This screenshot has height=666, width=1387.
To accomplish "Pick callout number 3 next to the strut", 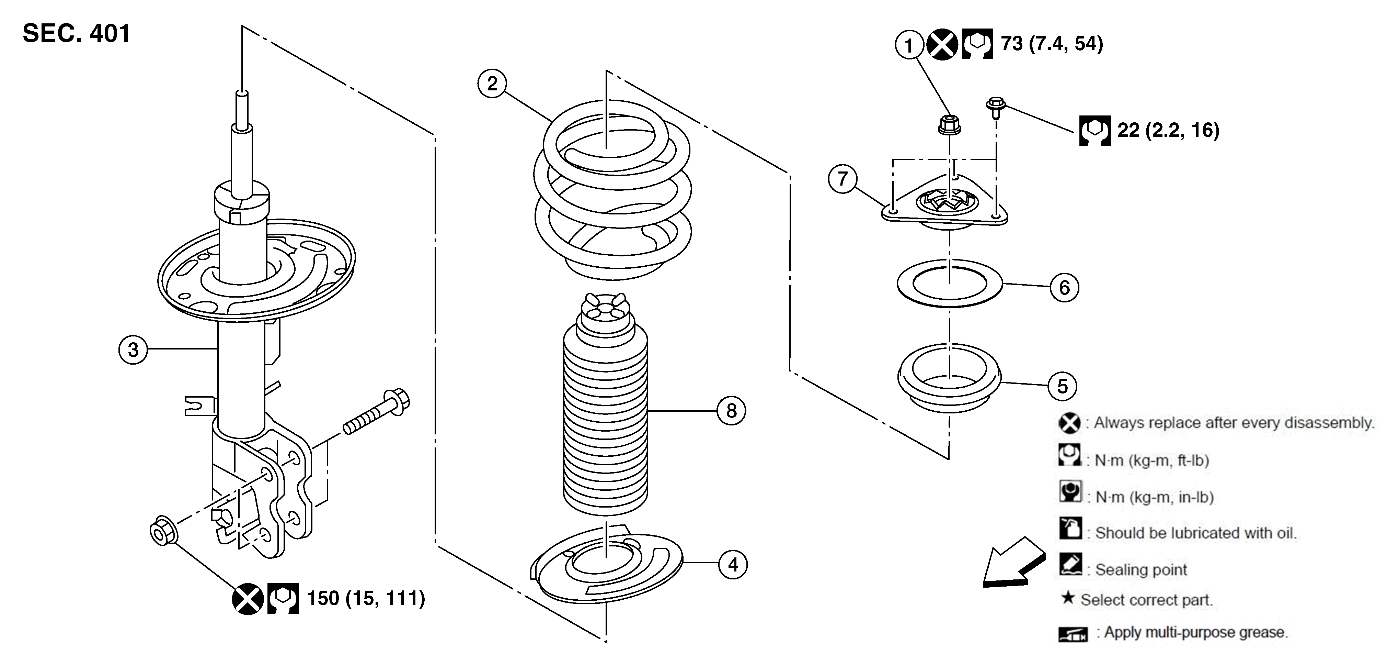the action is coord(133,350).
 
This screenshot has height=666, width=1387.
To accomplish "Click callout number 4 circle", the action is coord(733,564).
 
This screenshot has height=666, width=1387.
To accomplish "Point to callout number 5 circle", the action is coord(1062,386).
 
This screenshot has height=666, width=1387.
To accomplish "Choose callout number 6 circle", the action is coord(1065,287).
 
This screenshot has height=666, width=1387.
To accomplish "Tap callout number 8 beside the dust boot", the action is coord(731,411).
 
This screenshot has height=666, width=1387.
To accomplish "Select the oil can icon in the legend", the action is coord(1070,528).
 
